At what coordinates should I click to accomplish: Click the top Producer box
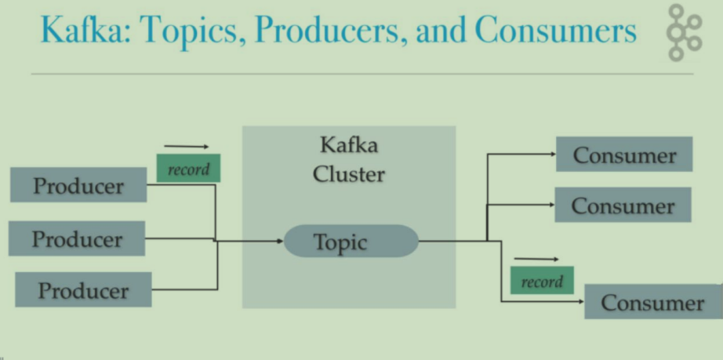[78, 185]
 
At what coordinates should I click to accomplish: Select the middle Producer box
[77, 238]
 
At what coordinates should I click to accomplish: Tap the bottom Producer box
[83, 289]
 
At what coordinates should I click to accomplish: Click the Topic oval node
[351, 241]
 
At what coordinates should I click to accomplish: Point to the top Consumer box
[624, 154]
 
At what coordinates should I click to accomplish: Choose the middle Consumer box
[623, 205]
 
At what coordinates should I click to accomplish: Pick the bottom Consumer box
[653, 301]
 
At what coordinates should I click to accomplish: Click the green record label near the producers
[188, 169]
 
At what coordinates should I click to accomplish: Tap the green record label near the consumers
[543, 280]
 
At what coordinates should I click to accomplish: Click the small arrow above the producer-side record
[187, 147]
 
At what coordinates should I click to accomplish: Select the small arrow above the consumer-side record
[536, 259]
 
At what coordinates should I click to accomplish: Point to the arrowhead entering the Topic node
[281, 241]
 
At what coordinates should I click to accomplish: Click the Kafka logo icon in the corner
[685, 32]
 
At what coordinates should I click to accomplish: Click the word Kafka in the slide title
[86, 29]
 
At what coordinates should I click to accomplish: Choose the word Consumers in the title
[556, 30]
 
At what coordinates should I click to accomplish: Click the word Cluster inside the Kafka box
[349, 174]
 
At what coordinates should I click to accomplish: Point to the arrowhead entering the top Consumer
[553, 155]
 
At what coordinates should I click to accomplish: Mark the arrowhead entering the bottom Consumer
[581, 302]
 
